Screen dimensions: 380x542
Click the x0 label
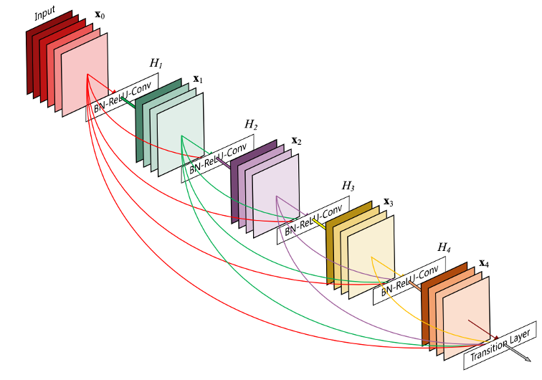pyautogui.click(x=102, y=14)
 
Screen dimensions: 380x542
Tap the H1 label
pyautogui.click(x=156, y=63)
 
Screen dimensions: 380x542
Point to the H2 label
pyautogui.click(x=251, y=125)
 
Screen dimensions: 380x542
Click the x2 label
pyautogui.click(x=295, y=141)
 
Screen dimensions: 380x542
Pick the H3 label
pyautogui.click(x=348, y=186)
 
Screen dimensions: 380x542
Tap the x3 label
pyautogui.click(x=389, y=203)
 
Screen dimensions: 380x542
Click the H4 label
pyautogui.click(x=444, y=247)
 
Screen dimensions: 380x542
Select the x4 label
pyautogui.click(x=484, y=263)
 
